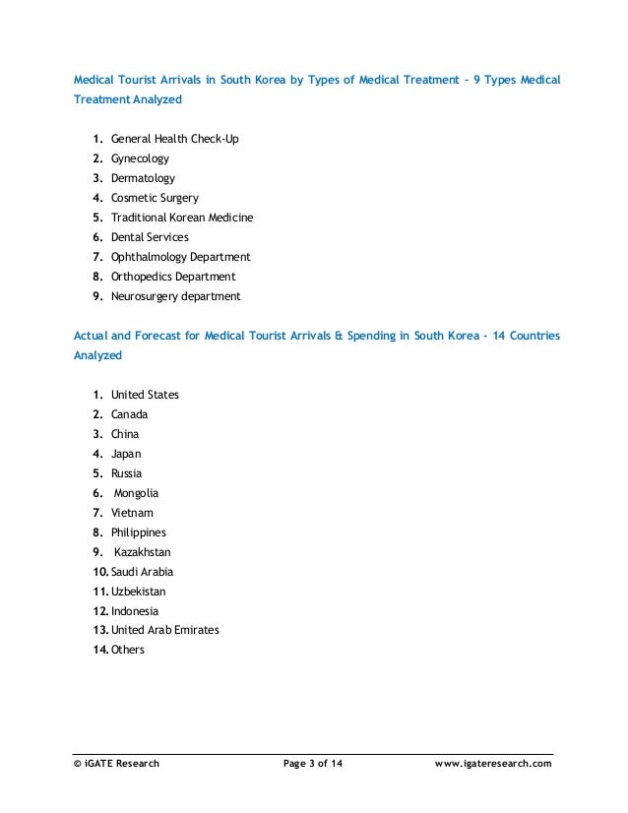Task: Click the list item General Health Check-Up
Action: [174, 139]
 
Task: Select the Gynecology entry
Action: [140, 158]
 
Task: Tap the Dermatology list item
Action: [143, 178]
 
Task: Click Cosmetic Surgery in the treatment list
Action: [155, 198]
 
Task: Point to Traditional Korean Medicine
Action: [182, 218]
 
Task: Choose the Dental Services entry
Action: [150, 237]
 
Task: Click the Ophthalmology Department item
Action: [180, 257]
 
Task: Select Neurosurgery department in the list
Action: [175, 296]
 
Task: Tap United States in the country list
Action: [145, 395]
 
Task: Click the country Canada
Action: [130, 414]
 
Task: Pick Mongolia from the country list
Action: [136, 493]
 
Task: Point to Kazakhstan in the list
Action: [142, 552]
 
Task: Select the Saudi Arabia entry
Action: [142, 572]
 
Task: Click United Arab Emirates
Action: [164, 630]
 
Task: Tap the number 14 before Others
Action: [99, 650]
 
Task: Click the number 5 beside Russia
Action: [97, 473]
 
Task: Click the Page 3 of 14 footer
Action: [312, 764]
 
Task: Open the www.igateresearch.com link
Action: [493, 764]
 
